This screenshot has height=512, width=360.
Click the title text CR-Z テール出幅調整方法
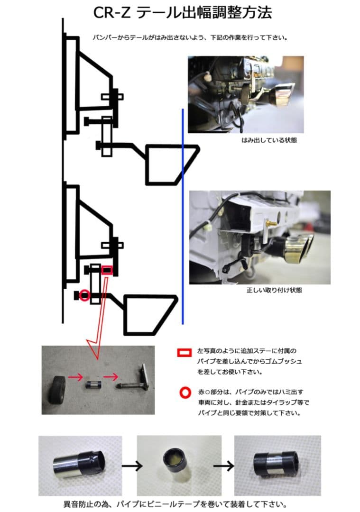tap(183, 13)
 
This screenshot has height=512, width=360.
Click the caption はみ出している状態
tap(269, 140)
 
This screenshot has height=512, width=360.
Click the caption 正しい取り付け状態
tap(268, 290)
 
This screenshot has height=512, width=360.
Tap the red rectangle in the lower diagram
tap(107, 271)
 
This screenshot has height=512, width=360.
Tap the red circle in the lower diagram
tap(84, 295)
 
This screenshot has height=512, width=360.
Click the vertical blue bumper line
tap(183, 213)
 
